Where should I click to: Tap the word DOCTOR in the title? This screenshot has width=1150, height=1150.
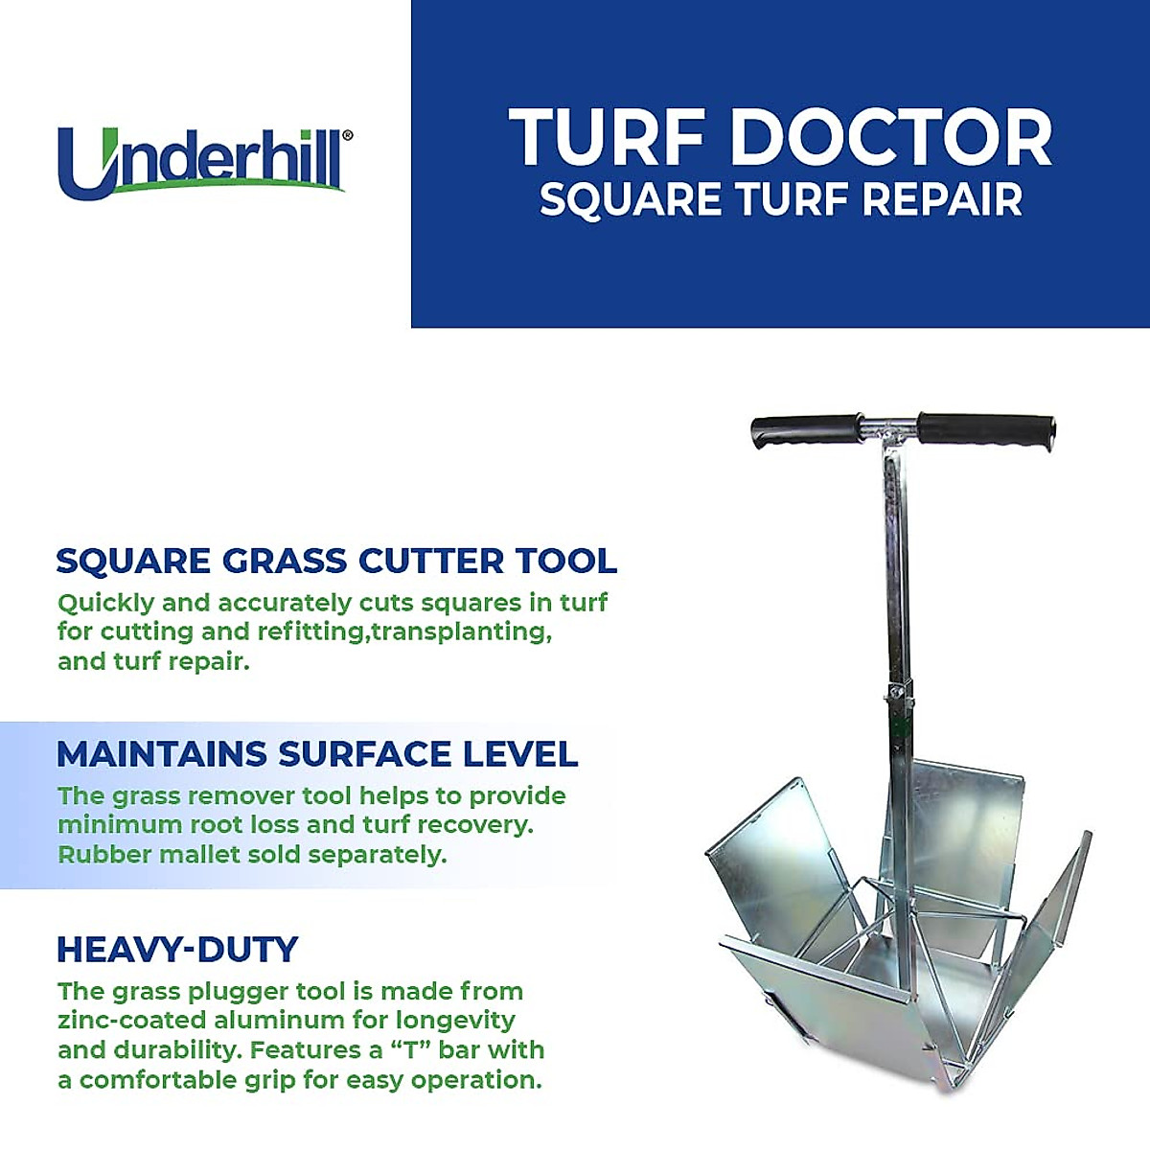[x=891, y=138]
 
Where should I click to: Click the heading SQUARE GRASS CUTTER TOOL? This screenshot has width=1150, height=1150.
[x=336, y=561]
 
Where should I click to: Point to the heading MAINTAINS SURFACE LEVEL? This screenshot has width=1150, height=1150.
[x=317, y=754]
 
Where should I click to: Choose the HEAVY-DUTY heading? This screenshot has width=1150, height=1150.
[x=177, y=950]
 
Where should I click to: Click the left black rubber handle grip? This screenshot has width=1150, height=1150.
[x=805, y=430]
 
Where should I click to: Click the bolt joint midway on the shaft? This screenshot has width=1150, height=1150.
[x=897, y=692]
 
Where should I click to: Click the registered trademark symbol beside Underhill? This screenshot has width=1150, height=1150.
[x=347, y=136]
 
